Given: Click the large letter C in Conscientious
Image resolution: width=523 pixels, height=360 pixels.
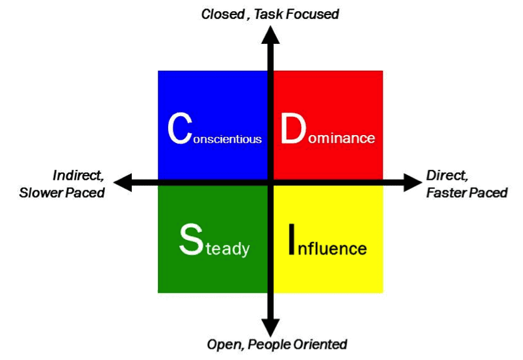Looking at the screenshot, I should pos(180,129).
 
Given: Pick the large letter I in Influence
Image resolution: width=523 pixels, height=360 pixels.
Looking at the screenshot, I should pos(293,240).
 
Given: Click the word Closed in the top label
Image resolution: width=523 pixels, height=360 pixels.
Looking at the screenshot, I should pos(222,14).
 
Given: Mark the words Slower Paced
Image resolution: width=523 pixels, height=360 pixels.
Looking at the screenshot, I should pos(62,193).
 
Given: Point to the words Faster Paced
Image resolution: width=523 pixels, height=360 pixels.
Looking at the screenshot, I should pos(467,193).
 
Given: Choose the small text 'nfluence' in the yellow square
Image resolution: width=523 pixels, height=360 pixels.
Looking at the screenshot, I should pos(334,249).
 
